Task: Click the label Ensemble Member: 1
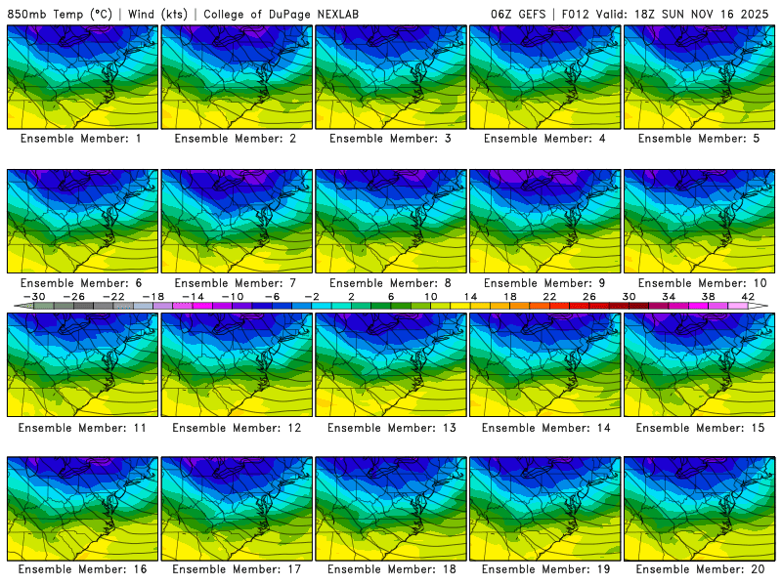tap(81, 139)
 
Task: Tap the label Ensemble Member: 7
tap(236, 283)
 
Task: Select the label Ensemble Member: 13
tap(390, 428)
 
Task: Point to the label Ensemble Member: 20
tap(699, 568)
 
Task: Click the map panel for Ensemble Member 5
tap(699, 77)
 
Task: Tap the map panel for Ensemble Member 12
tap(236, 364)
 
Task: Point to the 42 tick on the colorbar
tap(748, 297)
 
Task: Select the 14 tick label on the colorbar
tap(470, 297)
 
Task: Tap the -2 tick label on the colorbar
tap(312, 297)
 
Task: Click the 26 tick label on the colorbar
tap(589, 297)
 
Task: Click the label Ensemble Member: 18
tap(390, 568)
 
